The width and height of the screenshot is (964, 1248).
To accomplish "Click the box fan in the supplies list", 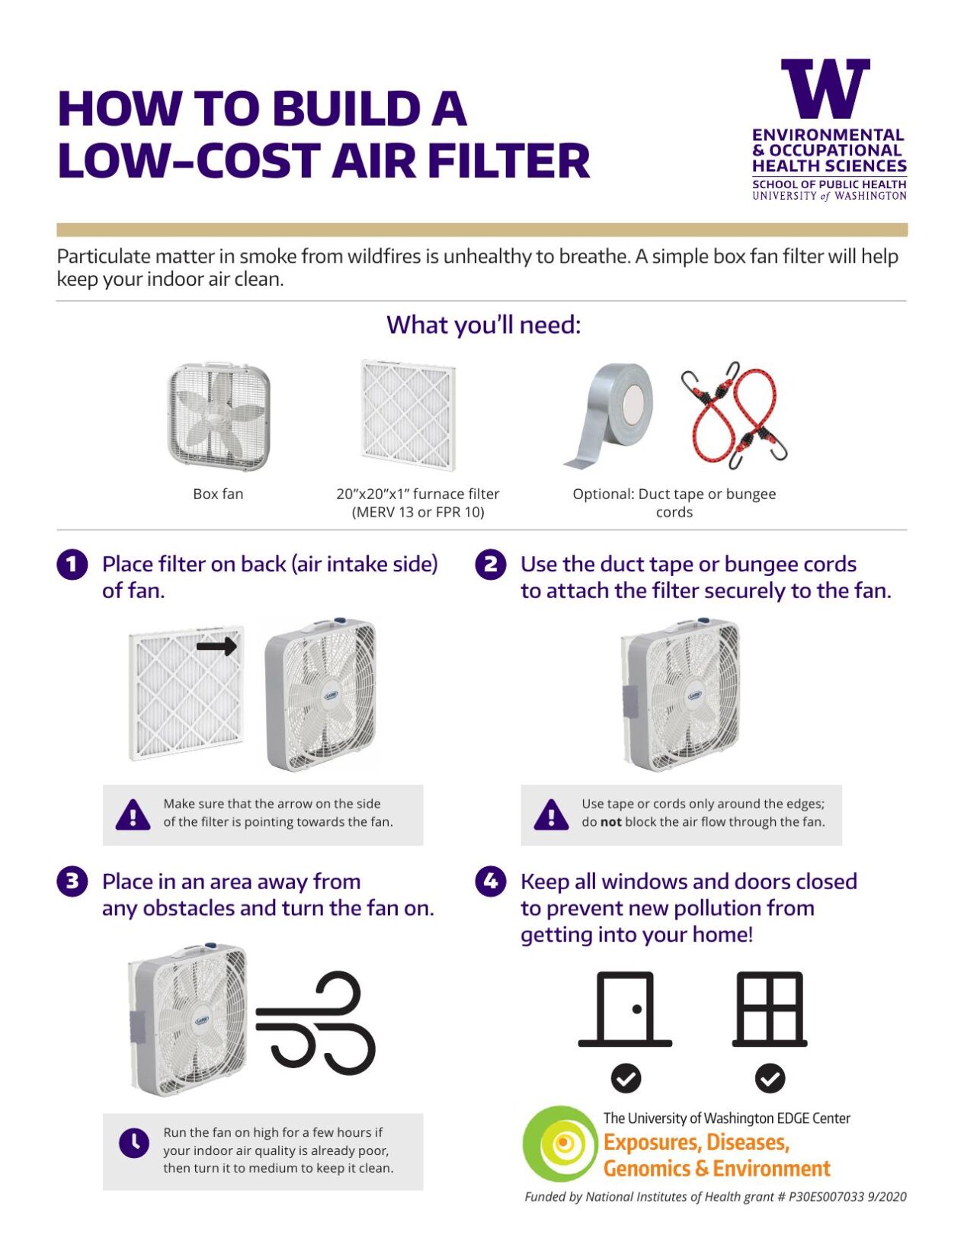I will (219, 416).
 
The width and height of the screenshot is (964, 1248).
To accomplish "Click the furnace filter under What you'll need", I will (408, 414).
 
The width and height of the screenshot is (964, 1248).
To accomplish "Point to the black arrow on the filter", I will (216, 647).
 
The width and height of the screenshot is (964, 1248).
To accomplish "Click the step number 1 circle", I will (72, 565).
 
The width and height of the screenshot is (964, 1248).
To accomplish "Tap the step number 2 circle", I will (490, 565).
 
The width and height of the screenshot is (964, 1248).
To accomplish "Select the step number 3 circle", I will (72, 882).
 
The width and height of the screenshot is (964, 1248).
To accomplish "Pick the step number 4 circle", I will (490, 882).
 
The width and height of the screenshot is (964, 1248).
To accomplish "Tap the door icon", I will (625, 1009).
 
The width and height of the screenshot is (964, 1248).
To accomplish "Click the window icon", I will (769, 1009).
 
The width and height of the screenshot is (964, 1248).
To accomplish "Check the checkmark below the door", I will (626, 1078).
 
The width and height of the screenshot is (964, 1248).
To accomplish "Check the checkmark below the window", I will (770, 1078).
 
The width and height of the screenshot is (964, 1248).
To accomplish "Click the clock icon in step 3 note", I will (134, 1142).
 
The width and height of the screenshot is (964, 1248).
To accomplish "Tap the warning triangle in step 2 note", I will (551, 814).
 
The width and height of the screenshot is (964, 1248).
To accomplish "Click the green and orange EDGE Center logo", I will (561, 1144).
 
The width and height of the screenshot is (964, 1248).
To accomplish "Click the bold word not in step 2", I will (610, 822).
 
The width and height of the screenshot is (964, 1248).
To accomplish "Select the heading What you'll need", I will (483, 325).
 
